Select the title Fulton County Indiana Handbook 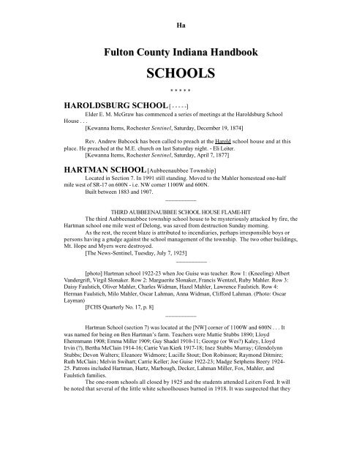coord(181,53)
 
